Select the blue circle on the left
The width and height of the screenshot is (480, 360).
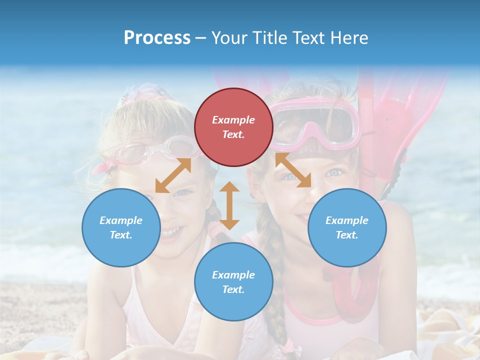121,227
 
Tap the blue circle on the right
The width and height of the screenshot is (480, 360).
347,227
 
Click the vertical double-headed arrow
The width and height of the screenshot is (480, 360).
229,205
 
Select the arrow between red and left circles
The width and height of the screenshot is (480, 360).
173,175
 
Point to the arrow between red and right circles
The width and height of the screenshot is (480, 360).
293,170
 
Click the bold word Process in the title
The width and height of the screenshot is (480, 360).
157,38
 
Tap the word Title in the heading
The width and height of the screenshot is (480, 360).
267,38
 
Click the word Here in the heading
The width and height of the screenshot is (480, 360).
348,38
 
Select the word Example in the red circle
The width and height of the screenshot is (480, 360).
233,120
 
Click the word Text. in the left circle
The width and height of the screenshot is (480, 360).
121,235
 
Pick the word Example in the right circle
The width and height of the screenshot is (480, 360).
347,220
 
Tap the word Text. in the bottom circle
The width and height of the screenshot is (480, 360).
233,289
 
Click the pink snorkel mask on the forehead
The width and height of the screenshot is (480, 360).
320,122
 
